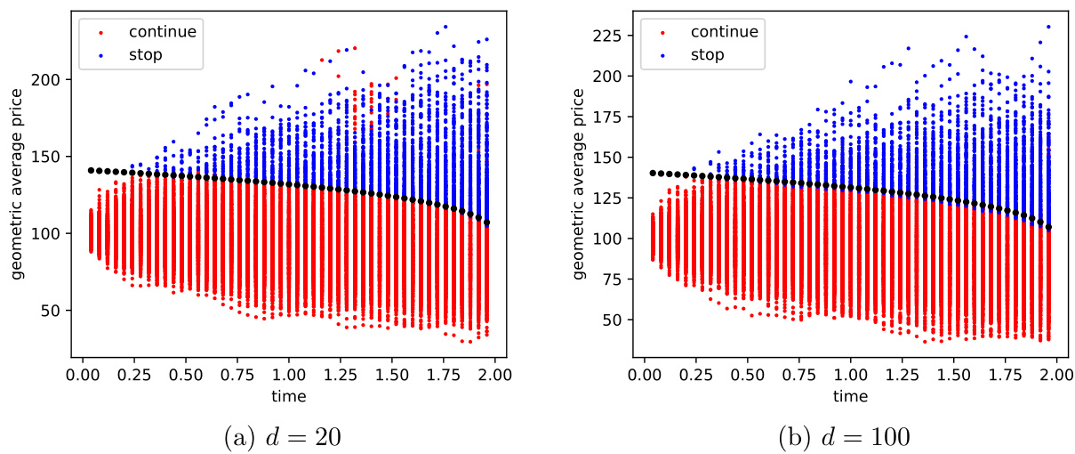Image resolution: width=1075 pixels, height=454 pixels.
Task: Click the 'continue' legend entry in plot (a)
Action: coord(162,32)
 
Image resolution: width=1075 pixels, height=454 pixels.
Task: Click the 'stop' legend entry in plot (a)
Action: coord(144,54)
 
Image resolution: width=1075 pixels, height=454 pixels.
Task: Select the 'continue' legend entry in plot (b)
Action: coord(724,32)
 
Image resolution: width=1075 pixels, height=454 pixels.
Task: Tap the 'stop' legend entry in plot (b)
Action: coord(706,54)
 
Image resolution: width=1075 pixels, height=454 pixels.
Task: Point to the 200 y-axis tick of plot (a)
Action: coord(48,79)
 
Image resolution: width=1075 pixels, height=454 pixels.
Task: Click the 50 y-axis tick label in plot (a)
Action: coord(52,310)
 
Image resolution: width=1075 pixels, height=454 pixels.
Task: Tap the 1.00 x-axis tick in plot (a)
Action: coord(288,373)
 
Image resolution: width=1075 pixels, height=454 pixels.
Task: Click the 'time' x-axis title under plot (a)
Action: coord(288,395)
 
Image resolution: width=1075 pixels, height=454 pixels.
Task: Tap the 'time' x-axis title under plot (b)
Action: coord(851,395)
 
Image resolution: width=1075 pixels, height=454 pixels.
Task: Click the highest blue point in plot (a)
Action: coord(445,27)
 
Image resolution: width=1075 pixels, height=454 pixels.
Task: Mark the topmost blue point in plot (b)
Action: coord(1048,27)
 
